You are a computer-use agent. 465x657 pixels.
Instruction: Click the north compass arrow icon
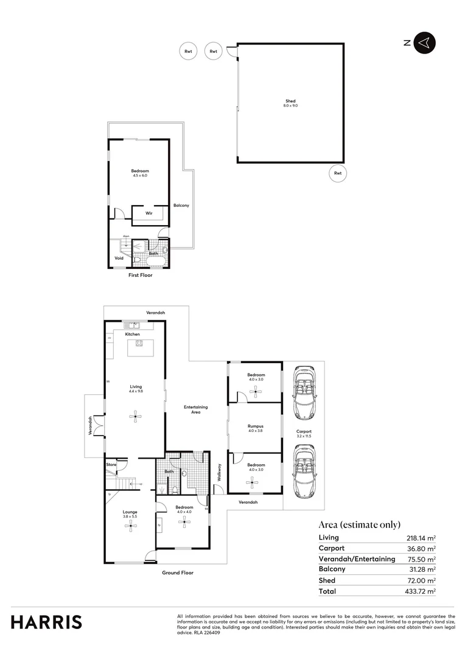pyautogui.click(x=425, y=42)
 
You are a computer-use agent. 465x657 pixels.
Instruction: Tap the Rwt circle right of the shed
pyautogui.click(x=337, y=173)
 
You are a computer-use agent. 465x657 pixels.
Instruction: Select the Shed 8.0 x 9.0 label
pyautogui.click(x=290, y=103)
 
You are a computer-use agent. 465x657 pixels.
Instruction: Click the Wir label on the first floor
pyautogui.click(x=149, y=214)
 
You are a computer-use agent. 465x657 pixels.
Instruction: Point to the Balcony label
pyautogui.click(x=181, y=206)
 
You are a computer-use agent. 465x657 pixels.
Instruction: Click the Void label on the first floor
pyautogui.click(x=119, y=258)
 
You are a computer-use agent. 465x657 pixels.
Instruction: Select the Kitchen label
pyautogui.click(x=133, y=334)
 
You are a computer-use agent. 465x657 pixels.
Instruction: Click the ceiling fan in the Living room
pyautogui.click(x=135, y=417)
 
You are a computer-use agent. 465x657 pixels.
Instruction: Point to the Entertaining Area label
pyautogui.click(x=196, y=409)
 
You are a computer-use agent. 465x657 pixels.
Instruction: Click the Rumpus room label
pyautogui.click(x=256, y=429)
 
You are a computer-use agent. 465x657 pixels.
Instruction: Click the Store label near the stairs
pyautogui.click(x=111, y=465)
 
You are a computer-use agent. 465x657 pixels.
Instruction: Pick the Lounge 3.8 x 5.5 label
pyautogui.click(x=130, y=514)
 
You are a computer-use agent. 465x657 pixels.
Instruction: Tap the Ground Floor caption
pyautogui.click(x=178, y=572)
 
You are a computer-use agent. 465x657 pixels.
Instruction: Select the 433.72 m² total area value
pyautogui.click(x=421, y=591)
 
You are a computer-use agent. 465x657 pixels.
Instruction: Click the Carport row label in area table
pyautogui.click(x=332, y=549)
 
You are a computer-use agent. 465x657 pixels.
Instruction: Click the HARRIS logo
pyautogui.click(x=46, y=622)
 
